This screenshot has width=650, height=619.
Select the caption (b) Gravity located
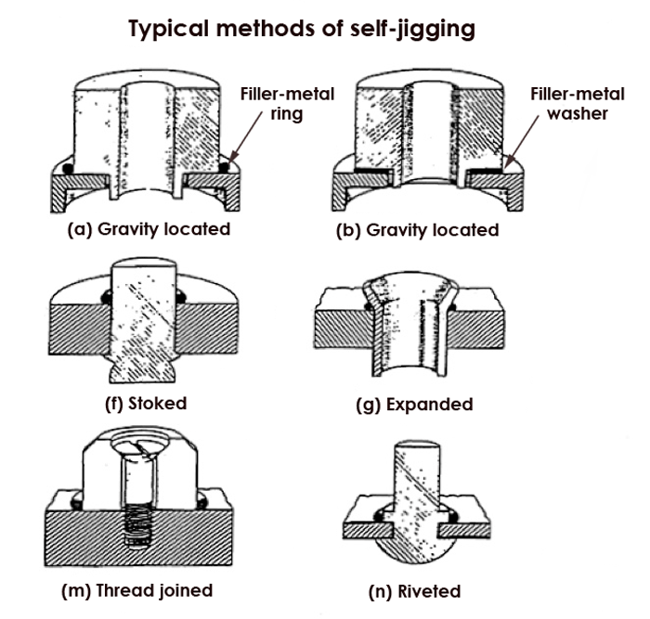[417, 228]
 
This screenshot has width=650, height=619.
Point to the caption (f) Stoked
[147, 404]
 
